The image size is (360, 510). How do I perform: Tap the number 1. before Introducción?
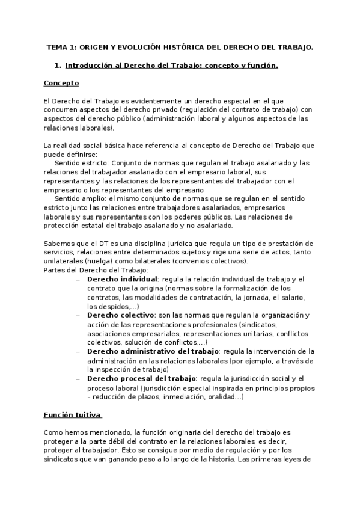point(58,66)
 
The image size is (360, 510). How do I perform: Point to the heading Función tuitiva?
point(72,414)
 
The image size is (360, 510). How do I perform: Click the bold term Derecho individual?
point(122,279)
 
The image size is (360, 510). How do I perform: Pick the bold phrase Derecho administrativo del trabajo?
point(153,350)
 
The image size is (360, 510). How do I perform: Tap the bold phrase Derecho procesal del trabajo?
point(141,378)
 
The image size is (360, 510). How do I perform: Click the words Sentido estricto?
point(81,162)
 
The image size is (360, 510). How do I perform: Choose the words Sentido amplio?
point(80,198)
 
